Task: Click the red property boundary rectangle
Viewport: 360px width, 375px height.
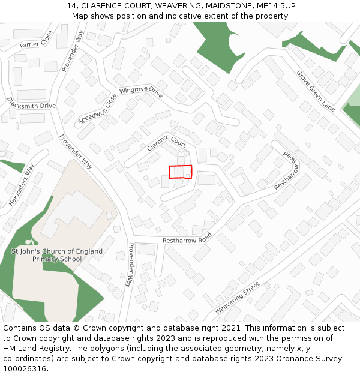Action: coord(180,172)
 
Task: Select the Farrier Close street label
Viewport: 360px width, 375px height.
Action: coord(37,40)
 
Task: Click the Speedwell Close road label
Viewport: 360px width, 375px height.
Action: coord(97,109)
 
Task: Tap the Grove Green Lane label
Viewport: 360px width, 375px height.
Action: coord(316,91)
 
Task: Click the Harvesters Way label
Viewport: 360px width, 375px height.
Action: coord(22,185)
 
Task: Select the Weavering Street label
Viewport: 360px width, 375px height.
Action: coord(238,298)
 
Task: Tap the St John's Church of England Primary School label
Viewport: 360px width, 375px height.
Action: coord(57,255)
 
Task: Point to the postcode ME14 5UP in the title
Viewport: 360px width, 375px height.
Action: coord(275,6)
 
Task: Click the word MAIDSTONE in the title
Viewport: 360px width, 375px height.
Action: coord(223,6)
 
